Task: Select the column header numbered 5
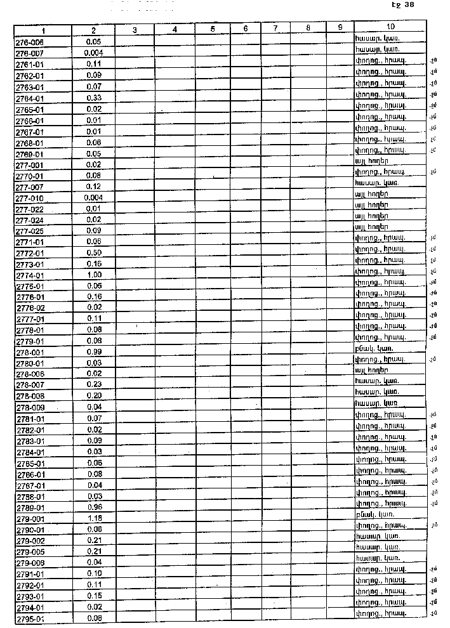click(x=213, y=30)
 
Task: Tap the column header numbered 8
click(x=307, y=29)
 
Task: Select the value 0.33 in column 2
click(x=94, y=98)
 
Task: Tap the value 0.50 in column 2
click(x=94, y=252)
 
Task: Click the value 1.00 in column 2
click(x=94, y=275)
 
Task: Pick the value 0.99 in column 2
click(x=94, y=351)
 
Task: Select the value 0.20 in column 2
click(x=94, y=396)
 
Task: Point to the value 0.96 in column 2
click(x=94, y=507)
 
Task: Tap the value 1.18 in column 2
click(x=94, y=518)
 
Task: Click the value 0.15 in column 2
click(x=94, y=596)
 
